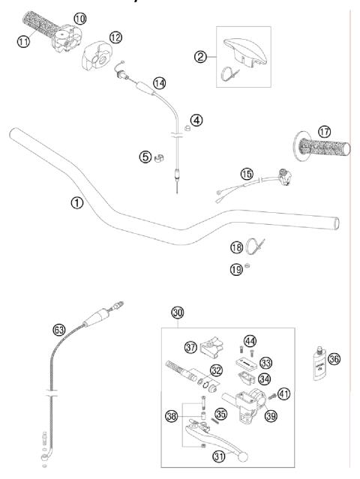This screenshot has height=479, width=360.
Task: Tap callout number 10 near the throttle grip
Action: [x=79, y=16]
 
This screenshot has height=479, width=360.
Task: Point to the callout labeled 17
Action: [x=325, y=131]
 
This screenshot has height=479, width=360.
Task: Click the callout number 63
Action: [x=58, y=328]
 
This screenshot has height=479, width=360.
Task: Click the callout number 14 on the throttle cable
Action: [x=158, y=82]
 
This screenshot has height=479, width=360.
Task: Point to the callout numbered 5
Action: [x=145, y=157]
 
